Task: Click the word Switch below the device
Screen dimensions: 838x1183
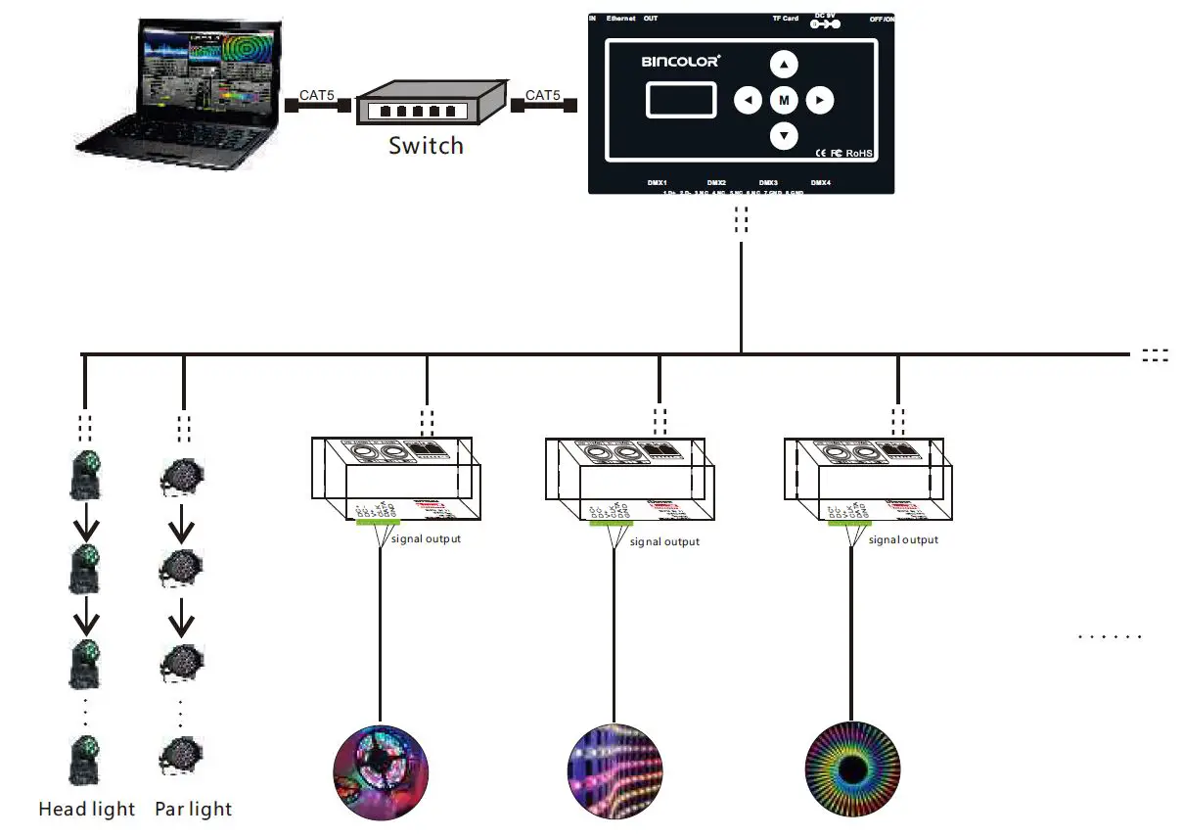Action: pos(426,146)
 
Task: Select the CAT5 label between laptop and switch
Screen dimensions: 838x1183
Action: pos(316,96)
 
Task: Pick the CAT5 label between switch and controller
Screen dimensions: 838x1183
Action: pos(543,96)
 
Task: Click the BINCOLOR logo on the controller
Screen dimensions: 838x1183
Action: pos(680,61)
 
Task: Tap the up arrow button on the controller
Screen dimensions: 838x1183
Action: pos(784,65)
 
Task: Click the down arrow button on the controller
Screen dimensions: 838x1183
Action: pos(784,135)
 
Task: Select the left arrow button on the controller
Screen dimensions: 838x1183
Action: pos(749,100)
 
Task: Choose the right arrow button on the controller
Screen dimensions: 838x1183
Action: pos(820,100)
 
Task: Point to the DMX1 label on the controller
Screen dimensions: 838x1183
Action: pos(658,183)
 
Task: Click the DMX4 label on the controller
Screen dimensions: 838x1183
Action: pos(820,183)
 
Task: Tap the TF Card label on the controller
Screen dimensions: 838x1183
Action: pos(785,19)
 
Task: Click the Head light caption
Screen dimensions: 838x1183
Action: pos(87,810)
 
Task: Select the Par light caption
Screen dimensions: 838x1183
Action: pos(194,810)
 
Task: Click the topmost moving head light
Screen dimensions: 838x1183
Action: pos(86,476)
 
